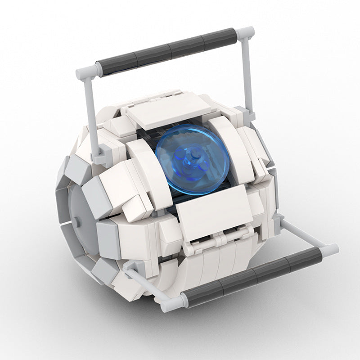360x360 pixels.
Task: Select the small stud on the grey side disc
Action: (78, 221)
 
